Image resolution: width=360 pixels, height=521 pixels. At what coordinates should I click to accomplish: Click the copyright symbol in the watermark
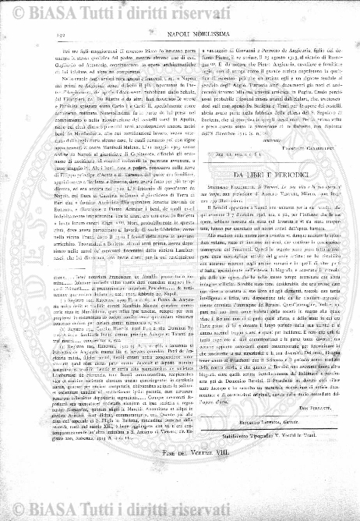click(x=30, y=9)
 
